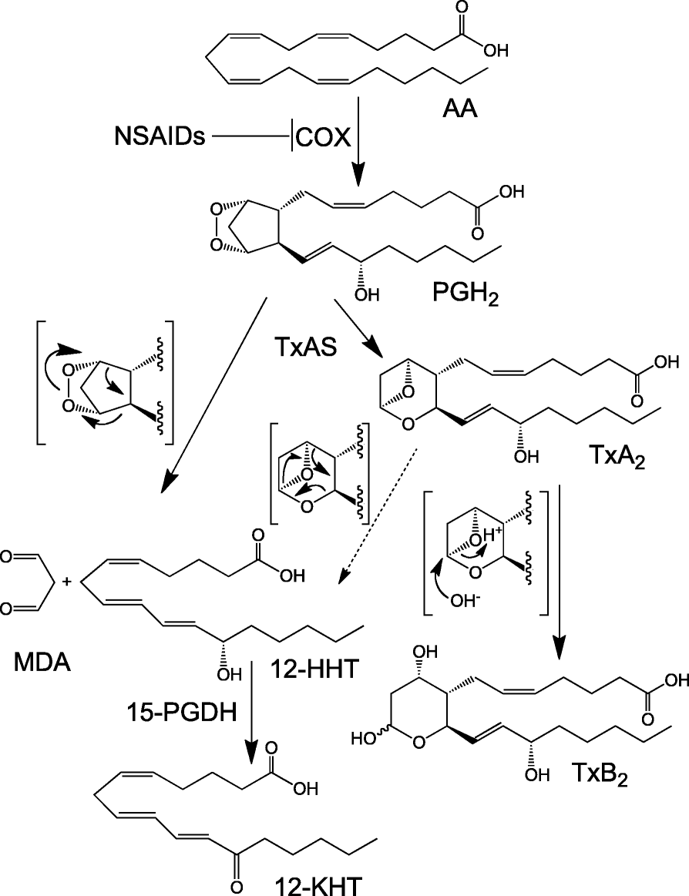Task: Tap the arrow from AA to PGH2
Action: click(360, 154)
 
